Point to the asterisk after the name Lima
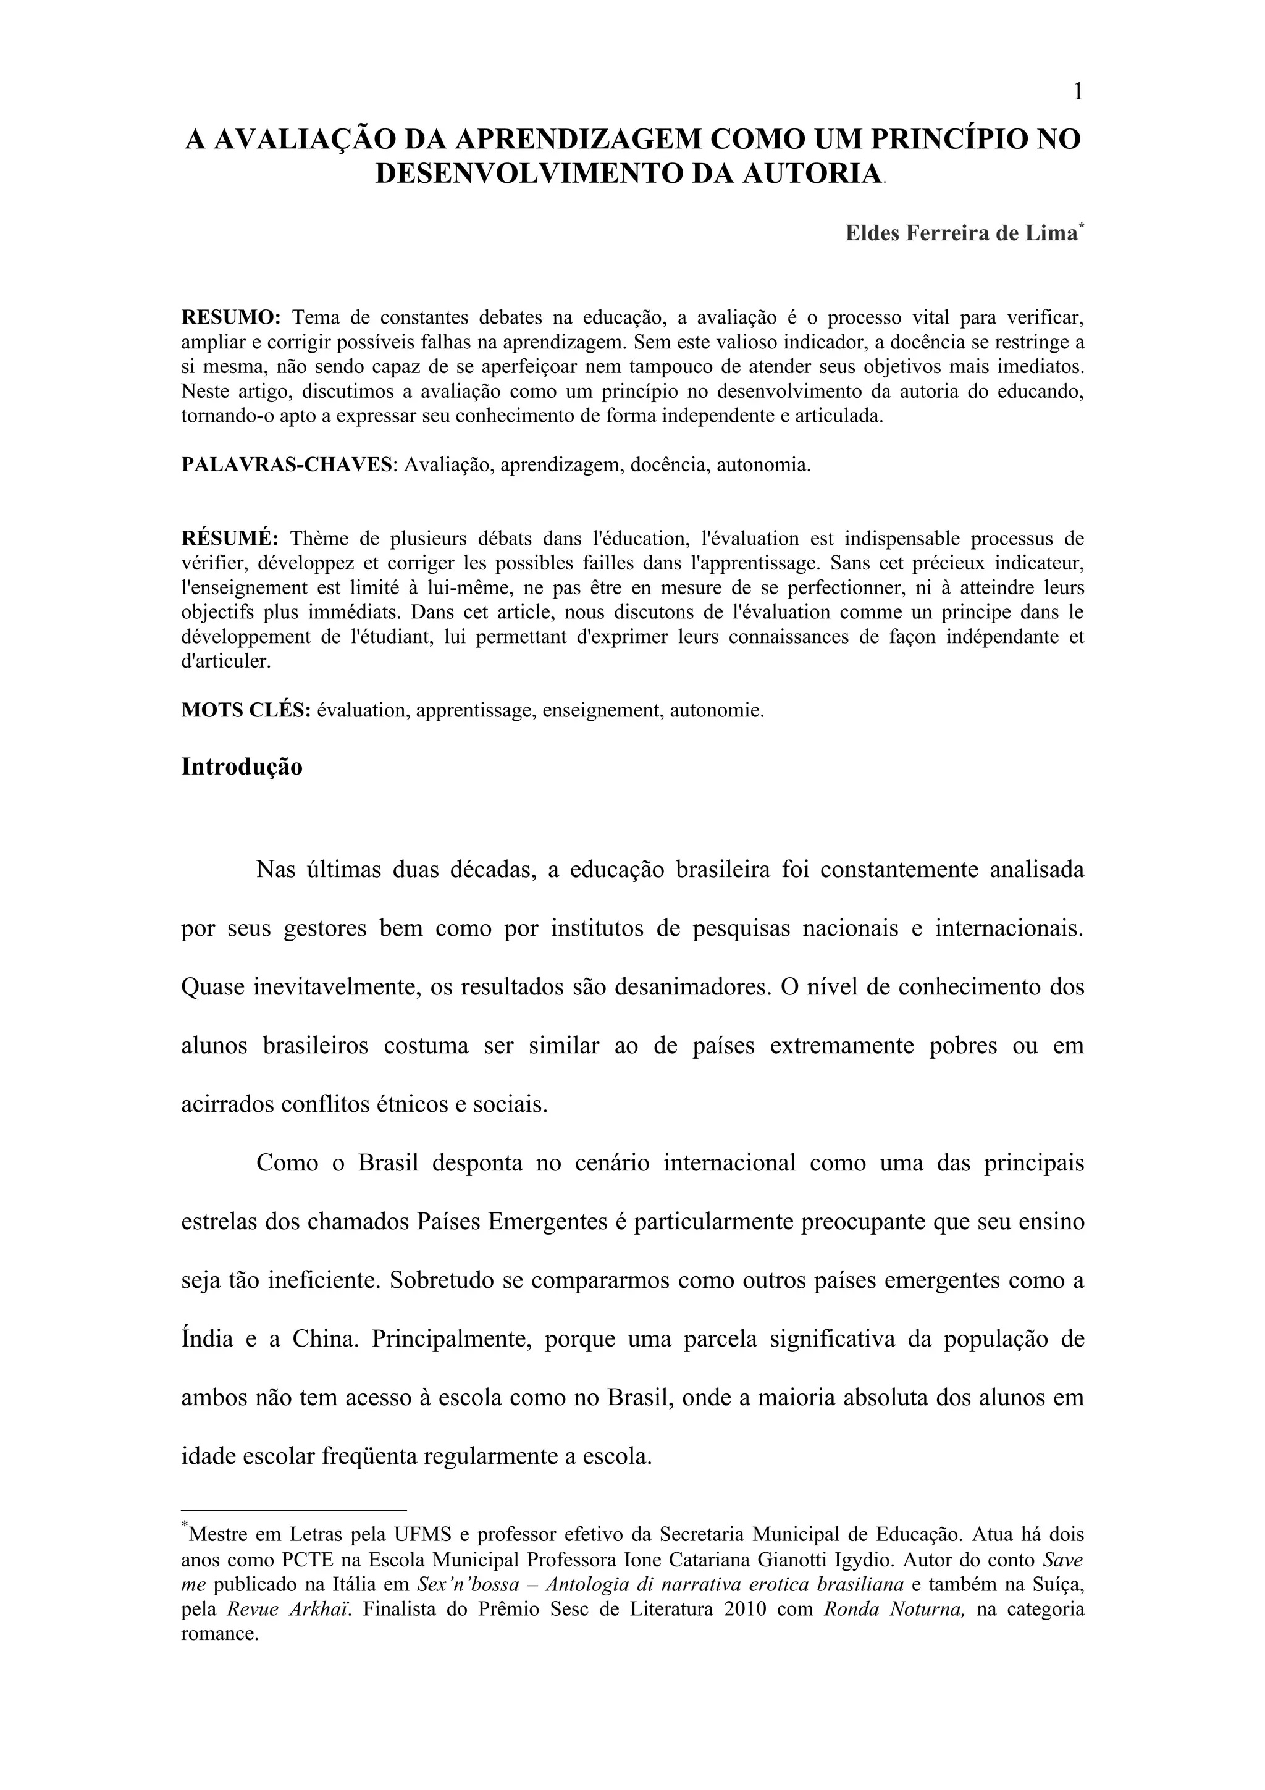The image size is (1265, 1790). point(1081,226)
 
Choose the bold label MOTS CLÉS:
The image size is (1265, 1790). point(246,711)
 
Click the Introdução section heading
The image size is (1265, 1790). point(242,767)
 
